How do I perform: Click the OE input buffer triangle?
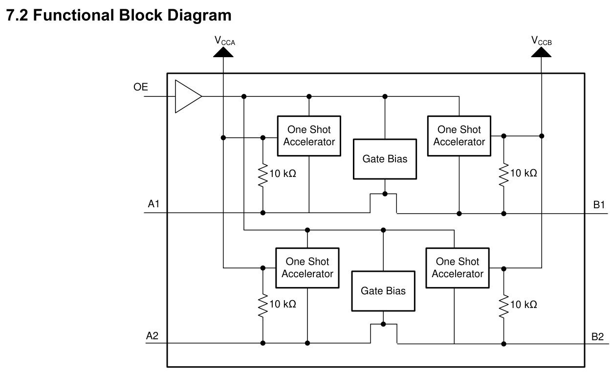point(188,96)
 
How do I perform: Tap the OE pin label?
point(140,87)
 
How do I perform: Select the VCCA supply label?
point(224,41)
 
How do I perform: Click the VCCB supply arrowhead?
point(541,52)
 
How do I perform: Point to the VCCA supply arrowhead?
point(223,52)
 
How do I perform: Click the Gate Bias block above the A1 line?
point(385,159)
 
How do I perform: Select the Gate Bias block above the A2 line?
point(383,291)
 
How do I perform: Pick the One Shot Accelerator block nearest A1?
point(309,136)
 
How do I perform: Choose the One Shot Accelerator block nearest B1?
point(459,136)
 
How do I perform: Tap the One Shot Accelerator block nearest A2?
point(307,268)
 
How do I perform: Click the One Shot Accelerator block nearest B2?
point(458,268)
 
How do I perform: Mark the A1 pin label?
point(153,204)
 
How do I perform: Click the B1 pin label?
point(599,205)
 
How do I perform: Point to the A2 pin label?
point(152,336)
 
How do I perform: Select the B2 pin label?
point(597,337)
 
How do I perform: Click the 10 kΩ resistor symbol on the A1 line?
point(263,175)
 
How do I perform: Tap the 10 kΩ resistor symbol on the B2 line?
point(504,307)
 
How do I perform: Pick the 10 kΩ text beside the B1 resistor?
point(524,173)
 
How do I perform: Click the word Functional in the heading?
point(73,15)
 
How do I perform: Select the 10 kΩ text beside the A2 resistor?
point(283,304)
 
